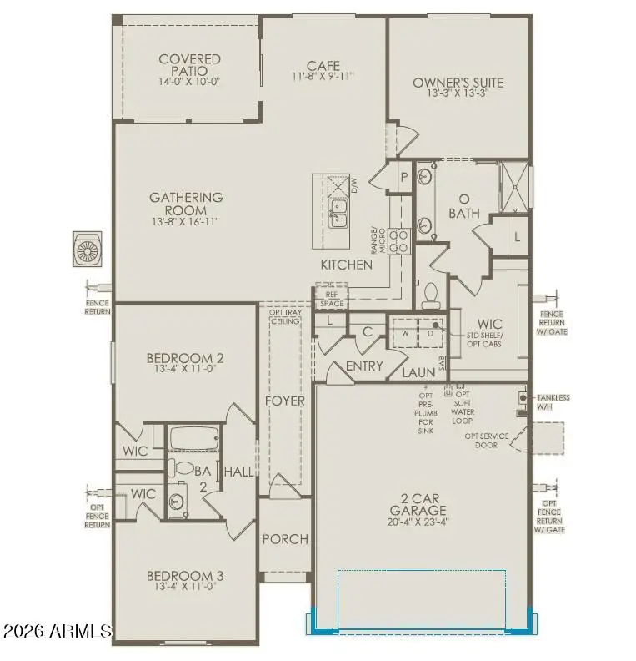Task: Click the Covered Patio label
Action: pos(189,65)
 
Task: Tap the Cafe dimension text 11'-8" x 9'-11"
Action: pos(323,76)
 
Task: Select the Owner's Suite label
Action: pos(458,83)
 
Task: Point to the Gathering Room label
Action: pos(185,204)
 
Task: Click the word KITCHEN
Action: pos(347,265)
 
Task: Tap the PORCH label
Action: pos(284,539)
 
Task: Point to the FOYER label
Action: pos(285,401)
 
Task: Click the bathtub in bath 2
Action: pos(193,439)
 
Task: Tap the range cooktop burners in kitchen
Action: pos(400,241)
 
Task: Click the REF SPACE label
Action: pos(331,299)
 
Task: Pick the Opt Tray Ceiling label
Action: pos(284,317)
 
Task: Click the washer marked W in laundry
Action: pos(405,332)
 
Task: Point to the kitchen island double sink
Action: pos(338,213)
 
